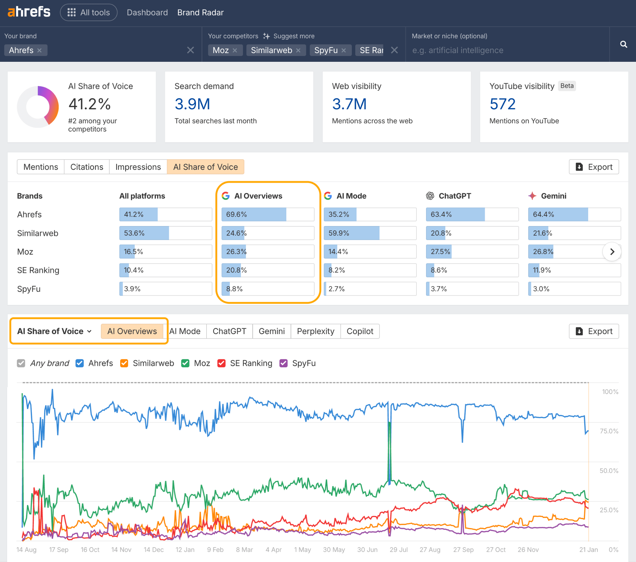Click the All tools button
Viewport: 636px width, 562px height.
[x=89, y=12]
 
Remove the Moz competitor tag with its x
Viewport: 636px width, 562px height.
[x=235, y=50]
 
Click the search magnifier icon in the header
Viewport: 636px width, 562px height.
[x=623, y=44]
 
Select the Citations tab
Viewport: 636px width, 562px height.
[x=87, y=167]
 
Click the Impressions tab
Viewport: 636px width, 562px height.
[x=138, y=167]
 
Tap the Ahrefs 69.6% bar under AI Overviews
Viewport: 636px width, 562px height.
[x=268, y=215]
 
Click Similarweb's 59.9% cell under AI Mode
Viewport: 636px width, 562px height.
[x=370, y=233]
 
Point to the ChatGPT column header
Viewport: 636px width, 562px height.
[x=454, y=196]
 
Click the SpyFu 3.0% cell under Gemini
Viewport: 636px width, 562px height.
[x=574, y=289]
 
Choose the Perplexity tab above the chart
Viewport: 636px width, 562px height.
[x=315, y=331]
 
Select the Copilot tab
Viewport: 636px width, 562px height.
[x=360, y=331]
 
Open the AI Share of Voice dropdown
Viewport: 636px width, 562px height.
[x=54, y=331]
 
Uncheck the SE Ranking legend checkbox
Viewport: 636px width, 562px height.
[x=221, y=363]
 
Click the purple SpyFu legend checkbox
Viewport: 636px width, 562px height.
[x=284, y=363]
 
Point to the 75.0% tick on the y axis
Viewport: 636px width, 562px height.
[x=609, y=431]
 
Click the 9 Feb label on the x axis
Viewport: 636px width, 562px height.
[x=215, y=550]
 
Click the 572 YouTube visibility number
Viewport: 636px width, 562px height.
[x=502, y=104]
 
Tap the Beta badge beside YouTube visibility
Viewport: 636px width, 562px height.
[x=567, y=86]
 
